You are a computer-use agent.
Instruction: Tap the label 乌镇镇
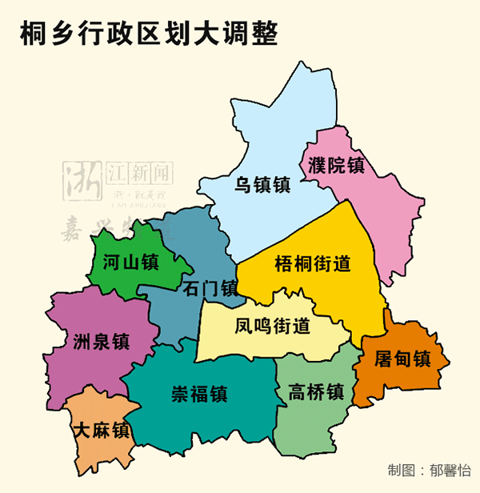pyautogui.click(x=262, y=185)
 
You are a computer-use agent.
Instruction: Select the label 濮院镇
pyautogui.click(x=336, y=166)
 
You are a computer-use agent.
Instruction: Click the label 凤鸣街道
pyautogui.click(x=272, y=327)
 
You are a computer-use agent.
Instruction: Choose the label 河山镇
pyautogui.click(x=130, y=262)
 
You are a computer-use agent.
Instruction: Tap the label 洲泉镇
pyautogui.click(x=101, y=341)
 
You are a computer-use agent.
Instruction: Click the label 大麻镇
pyautogui.click(x=101, y=430)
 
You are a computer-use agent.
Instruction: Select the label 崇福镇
pyautogui.click(x=199, y=394)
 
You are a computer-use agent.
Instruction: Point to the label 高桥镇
pyautogui.click(x=316, y=392)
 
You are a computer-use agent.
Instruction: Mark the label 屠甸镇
pyautogui.click(x=402, y=359)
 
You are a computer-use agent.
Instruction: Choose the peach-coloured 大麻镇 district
pyautogui.click(x=92, y=452)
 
